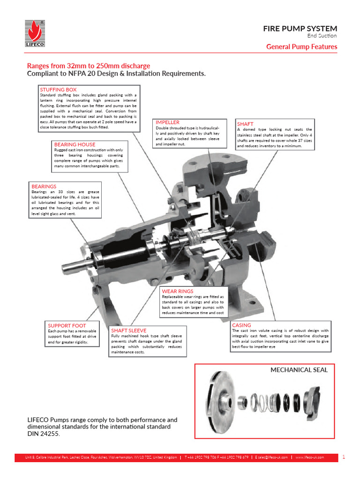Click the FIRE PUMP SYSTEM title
[x=300, y=29]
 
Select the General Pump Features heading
[x=301, y=46]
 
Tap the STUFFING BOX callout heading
[x=58, y=90]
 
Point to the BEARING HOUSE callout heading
[x=75, y=144]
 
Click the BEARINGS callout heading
[x=44, y=186]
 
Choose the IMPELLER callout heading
[x=167, y=122]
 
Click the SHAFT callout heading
[x=245, y=124]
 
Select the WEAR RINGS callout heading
[x=177, y=291]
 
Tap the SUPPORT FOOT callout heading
[x=67, y=325]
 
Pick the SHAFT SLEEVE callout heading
[x=128, y=330]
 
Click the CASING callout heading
[x=241, y=325]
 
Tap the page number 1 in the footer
[x=344, y=457]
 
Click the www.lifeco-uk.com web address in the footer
[x=309, y=457]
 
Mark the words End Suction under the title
[x=322, y=36]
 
